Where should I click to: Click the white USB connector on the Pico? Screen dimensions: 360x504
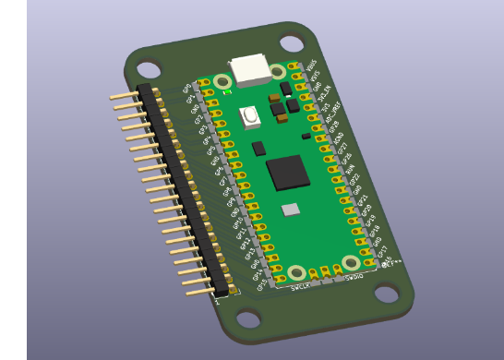250,69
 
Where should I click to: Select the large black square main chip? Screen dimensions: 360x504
287,172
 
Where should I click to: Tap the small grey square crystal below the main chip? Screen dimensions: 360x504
291,210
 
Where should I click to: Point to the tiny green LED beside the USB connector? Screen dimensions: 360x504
227,91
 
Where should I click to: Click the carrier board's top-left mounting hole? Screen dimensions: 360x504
148,68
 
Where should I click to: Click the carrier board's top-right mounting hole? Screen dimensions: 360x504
292,42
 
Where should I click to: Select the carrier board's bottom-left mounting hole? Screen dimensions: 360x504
247,319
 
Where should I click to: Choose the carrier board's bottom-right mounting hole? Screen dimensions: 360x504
386,294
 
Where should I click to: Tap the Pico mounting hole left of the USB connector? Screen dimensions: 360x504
222,82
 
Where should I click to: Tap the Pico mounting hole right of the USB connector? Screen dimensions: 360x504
277,71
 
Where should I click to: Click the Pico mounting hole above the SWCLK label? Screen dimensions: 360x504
296,273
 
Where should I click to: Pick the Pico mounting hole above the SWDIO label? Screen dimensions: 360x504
351,263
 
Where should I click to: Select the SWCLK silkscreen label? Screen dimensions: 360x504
300,288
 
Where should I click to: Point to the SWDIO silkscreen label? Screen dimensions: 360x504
354,277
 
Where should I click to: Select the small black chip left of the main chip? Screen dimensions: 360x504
258,148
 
